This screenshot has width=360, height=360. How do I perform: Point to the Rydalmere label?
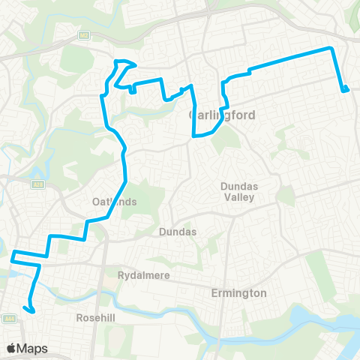click(x=143, y=275)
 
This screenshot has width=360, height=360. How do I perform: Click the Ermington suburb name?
click(x=238, y=292)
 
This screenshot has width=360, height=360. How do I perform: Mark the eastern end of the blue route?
click(x=345, y=91)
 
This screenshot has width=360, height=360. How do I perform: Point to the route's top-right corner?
click(x=331, y=48)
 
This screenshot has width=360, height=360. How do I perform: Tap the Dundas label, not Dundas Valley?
click(x=178, y=232)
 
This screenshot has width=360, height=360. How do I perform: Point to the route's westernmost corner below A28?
click(x=13, y=259)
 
